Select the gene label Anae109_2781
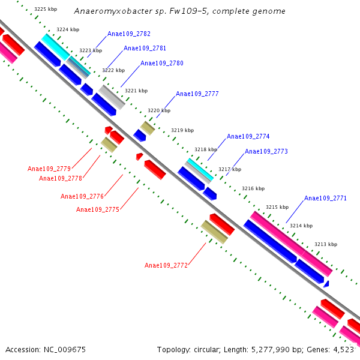point(145,49)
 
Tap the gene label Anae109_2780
point(162,63)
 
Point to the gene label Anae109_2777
point(197,94)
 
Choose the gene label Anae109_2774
point(248,137)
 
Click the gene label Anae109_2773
point(266,152)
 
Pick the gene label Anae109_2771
point(325,199)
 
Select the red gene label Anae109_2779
point(49,169)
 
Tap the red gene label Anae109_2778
point(61,178)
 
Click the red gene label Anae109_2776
point(82,196)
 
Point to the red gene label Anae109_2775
point(98,209)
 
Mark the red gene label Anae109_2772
point(166,265)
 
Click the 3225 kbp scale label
point(46,10)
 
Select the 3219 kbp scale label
point(182,130)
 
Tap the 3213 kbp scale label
point(326,244)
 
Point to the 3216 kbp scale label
point(253,188)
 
